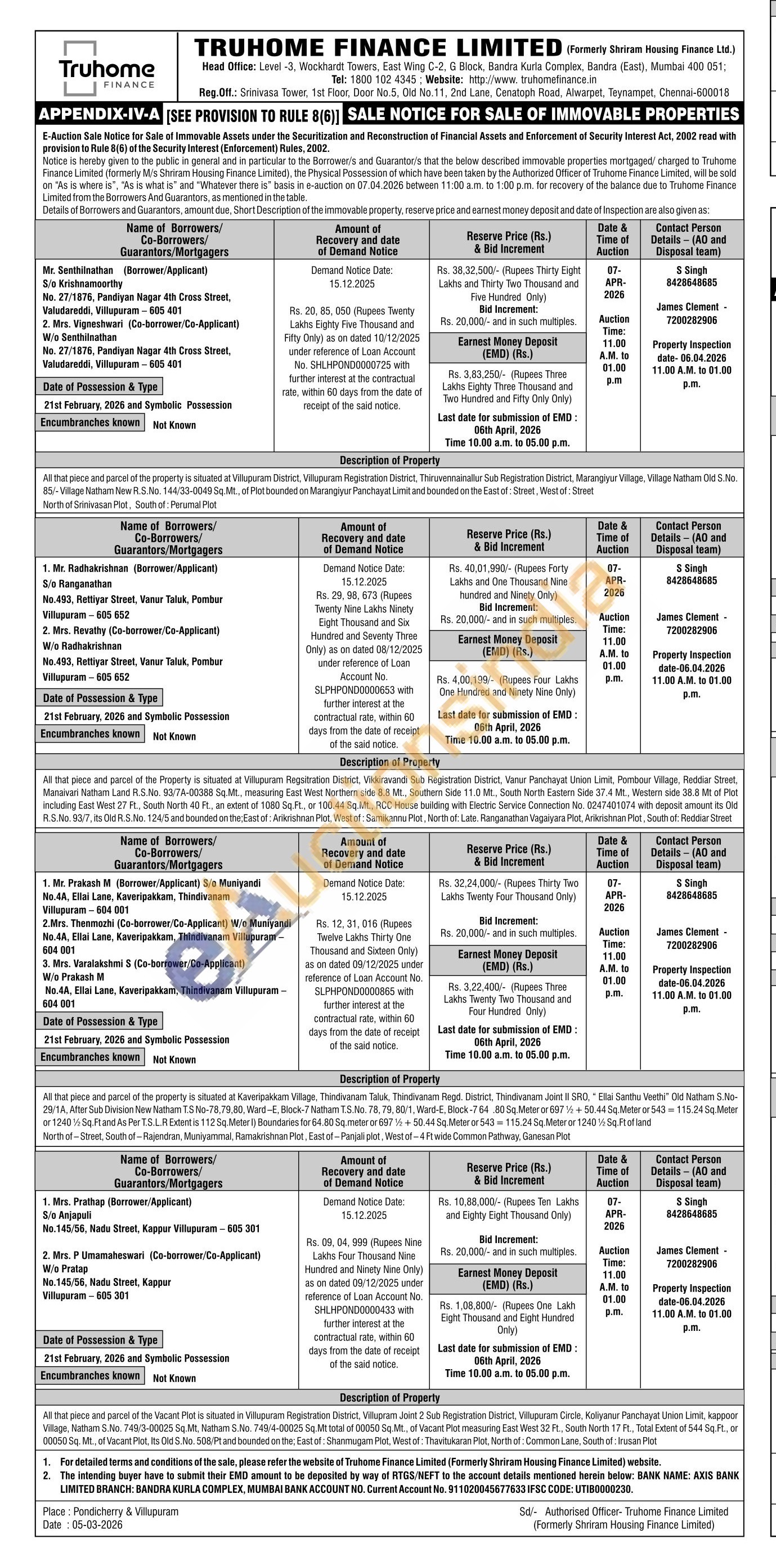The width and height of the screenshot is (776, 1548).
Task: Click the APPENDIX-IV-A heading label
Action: (100, 114)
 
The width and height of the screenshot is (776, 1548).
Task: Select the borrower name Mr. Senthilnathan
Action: (78, 271)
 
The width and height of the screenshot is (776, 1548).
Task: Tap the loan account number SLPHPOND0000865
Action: (364, 992)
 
